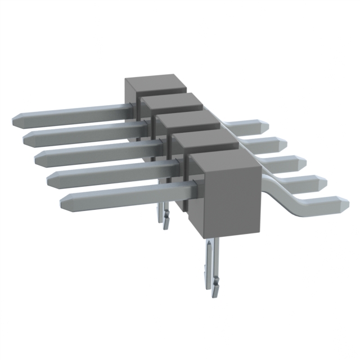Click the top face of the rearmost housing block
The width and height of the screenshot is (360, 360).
click(156, 84)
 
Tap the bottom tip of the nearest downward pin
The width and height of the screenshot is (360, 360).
click(214, 294)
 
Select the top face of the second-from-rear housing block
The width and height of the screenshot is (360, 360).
click(172, 102)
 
